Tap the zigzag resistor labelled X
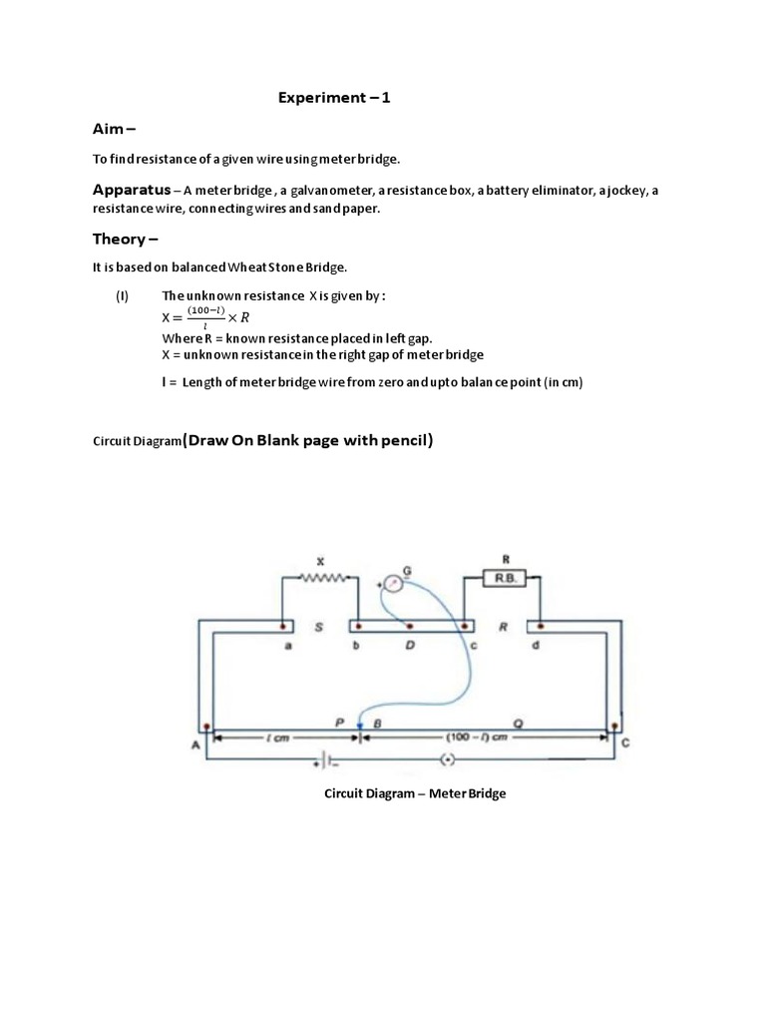click(x=320, y=577)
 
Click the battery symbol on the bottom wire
click(x=329, y=762)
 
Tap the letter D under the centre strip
click(x=410, y=646)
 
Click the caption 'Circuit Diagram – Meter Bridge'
click(x=415, y=794)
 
